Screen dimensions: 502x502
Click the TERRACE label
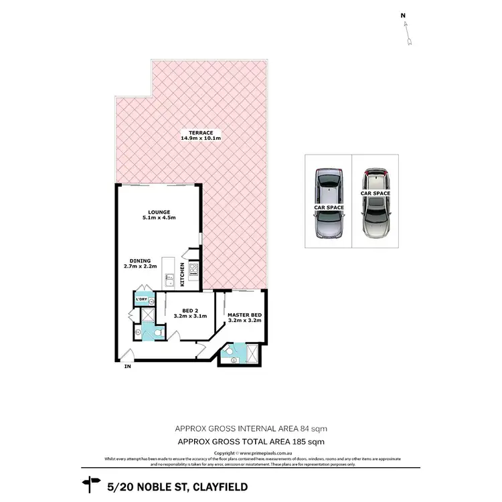(x=201, y=133)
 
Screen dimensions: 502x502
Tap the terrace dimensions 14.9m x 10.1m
(x=201, y=139)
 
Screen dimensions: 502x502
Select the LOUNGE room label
(x=159, y=212)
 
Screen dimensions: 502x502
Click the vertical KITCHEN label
(x=182, y=274)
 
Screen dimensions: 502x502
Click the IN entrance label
(x=127, y=367)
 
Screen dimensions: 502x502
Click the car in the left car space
(x=329, y=202)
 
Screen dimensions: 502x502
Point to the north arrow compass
(x=407, y=29)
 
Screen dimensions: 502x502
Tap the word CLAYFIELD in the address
(x=206, y=484)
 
